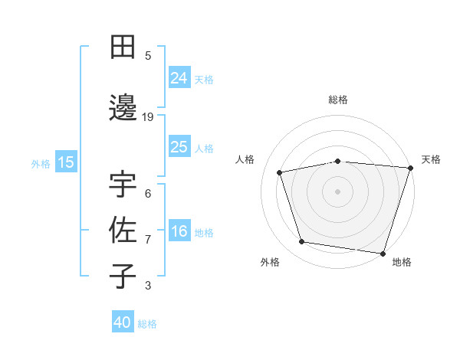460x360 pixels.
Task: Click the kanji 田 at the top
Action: (x=123, y=48)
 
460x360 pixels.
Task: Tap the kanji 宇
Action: (x=123, y=186)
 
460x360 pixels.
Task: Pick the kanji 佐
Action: (x=123, y=231)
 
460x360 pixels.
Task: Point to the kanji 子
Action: (x=123, y=275)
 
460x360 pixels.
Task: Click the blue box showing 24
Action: (x=179, y=78)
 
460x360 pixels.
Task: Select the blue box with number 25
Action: (x=179, y=147)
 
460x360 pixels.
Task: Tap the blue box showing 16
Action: (x=179, y=232)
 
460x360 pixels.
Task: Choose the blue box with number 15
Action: (x=65, y=162)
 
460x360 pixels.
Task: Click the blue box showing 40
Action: (x=123, y=322)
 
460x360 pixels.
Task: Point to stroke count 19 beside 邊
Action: (x=148, y=116)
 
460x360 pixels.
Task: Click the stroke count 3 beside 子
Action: (x=148, y=286)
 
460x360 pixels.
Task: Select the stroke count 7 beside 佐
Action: (x=148, y=239)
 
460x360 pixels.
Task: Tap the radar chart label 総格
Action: (x=338, y=100)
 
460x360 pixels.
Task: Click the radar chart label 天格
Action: (x=431, y=159)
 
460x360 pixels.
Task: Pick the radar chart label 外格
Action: (x=270, y=263)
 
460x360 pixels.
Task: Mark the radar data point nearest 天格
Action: (x=410, y=168)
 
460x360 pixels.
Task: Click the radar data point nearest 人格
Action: (x=280, y=172)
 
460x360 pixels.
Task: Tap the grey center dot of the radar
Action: (x=338, y=191)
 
